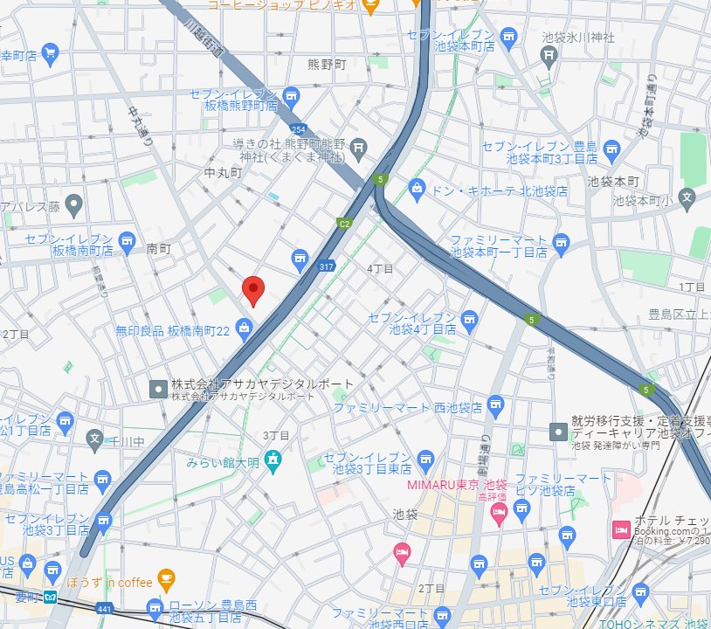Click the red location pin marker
[x=252, y=290]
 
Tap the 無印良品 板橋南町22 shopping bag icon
[x=245, y=329]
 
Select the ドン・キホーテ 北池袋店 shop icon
[x=418, y=189]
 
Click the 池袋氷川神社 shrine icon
[x=549, y=58]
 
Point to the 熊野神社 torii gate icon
[x=357, y=150]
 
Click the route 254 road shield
[x=299, y=129]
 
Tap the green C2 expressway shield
[x=345, y=224]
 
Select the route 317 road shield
[x=327, y=266]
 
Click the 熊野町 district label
[x=328, y=65]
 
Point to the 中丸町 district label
[x=222, y=173]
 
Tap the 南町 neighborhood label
[x=158, y=249]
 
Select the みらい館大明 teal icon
[x=273, y=459]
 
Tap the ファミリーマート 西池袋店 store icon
[x=496, y=404]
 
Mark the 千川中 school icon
[x=95, y=438]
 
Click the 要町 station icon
[x=52, y=598]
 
